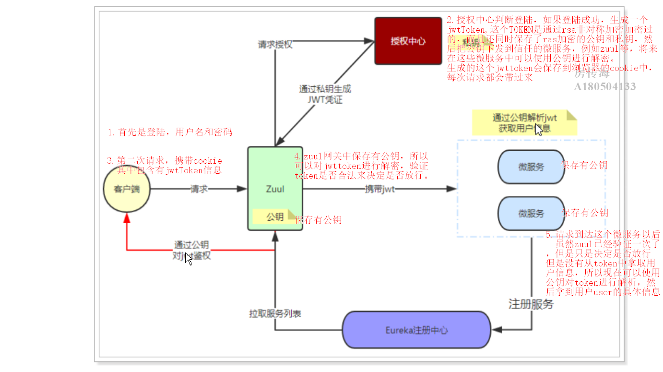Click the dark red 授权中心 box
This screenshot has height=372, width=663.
point(408,41)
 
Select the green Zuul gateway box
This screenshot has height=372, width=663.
point(275,188)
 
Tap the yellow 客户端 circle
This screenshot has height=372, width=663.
point(127,189)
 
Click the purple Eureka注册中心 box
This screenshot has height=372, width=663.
point(416,330)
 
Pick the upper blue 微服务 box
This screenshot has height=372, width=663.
point(531,167)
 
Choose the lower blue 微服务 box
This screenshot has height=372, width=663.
point(531,213)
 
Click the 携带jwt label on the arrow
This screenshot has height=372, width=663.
point(380,189)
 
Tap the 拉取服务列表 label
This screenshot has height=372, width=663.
point(275,313)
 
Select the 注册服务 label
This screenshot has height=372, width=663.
point(531,304)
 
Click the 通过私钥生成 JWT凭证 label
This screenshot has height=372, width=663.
point(325,94)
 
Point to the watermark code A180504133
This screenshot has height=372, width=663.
point(605,86)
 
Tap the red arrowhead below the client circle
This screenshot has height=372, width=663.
point(127,218)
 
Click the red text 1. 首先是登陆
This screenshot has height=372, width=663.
point(170,132)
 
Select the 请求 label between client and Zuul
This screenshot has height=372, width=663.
point(199,189)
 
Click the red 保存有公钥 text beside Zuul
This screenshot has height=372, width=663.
point(319,220)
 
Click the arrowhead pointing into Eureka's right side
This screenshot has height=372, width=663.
point(496,330)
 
